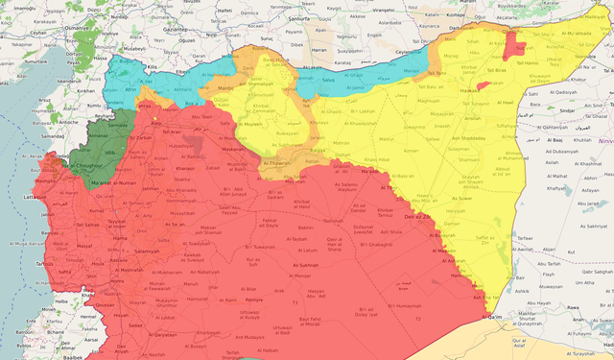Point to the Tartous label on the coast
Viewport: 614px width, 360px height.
click(x=44, y=264)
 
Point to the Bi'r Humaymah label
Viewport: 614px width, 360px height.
click(x=404, y=304)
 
